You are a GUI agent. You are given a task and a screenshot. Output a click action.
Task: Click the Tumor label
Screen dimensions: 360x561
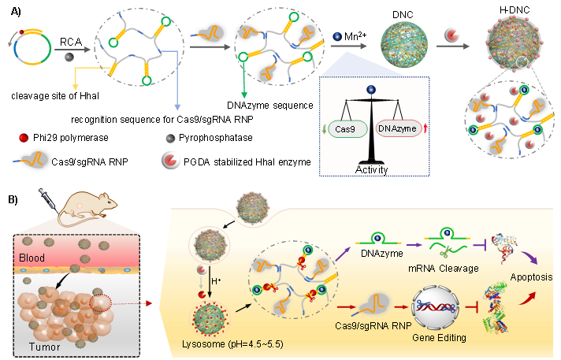click(x=36, y=347)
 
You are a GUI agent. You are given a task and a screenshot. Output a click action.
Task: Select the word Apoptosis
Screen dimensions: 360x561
click(x=531, y=277)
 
